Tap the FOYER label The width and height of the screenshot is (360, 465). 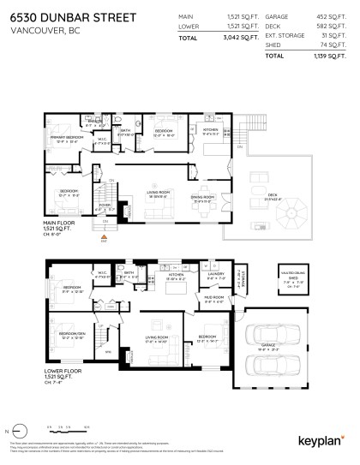pos(105,206)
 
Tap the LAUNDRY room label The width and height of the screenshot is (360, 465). pos(215,277)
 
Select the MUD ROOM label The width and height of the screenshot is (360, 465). pos(213,298)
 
